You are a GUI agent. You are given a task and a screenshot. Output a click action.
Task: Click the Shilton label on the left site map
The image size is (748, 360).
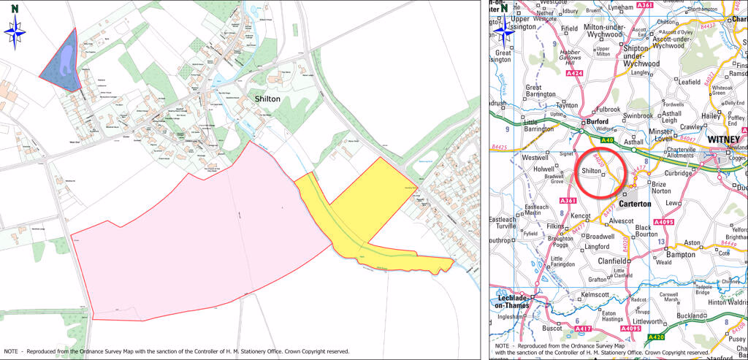click(267, 99)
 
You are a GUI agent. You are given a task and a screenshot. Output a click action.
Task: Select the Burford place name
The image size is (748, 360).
click(597, 122)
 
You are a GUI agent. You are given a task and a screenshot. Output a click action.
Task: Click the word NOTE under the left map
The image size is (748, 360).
click(14, 351)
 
